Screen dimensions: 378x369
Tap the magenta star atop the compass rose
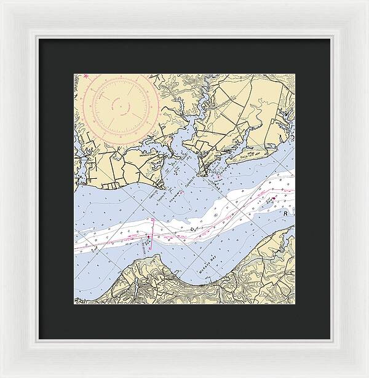click(x=87, y=76)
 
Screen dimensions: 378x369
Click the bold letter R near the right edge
click(x=286, y=212)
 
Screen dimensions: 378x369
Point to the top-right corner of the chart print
click(x=294, y=74)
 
